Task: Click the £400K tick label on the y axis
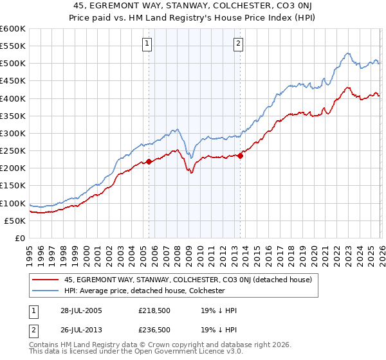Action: coord(12,98)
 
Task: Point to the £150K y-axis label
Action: coord(12,186)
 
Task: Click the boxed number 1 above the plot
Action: coord(147,44)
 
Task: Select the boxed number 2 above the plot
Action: coord(238,44)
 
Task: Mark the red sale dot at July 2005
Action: coord(149,161)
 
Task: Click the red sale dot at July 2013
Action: coord(240,155)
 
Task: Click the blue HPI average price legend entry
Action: coord(144,291)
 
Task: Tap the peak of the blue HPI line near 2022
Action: coord(347,53)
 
